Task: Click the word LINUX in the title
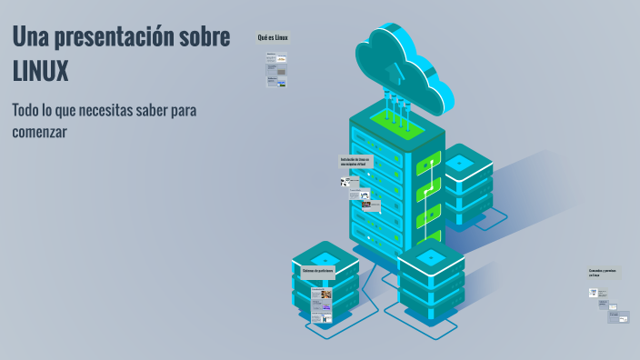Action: [x=41, y=71]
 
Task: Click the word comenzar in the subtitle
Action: [x=40, y=132]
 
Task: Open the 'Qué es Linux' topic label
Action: [x=273, y=37]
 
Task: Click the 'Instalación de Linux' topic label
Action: [x=355, y=162]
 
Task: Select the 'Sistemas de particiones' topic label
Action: [x=318, y=272]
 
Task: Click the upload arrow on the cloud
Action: [x=393, y=70]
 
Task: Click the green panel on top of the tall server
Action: [x=397, y=123]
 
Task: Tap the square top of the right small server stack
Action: [x=459, y=163]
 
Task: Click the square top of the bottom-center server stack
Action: [x=431, y=259]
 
